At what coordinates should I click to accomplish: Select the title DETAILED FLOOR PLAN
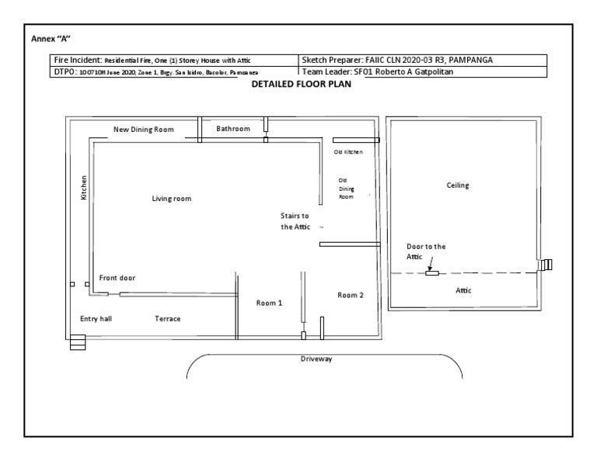302,85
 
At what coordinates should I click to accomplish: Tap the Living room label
171,199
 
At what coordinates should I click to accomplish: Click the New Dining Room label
144,130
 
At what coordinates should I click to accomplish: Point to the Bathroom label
233,129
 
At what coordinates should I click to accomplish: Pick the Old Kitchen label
348,152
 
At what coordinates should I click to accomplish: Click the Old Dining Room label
346,189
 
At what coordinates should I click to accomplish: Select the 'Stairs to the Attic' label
295,221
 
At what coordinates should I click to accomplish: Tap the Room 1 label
269,303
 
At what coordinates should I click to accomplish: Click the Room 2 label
351,295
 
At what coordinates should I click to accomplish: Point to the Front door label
117,278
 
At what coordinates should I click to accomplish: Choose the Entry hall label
96,319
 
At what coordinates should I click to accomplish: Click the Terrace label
167,319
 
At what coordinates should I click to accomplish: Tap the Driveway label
316,359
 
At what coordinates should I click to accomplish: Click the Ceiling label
458,185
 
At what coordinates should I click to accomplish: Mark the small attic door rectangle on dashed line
431,272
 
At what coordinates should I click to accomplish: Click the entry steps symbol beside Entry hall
78,342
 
